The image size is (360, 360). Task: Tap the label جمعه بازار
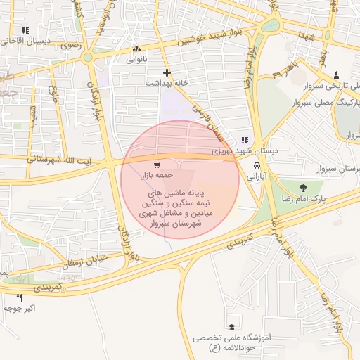[x=153, y=174]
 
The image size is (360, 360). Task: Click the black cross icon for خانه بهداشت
[x=167, y=72]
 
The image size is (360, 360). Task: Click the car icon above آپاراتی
[x=255, y=167]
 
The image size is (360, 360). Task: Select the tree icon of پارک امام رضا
[x=303, y=188]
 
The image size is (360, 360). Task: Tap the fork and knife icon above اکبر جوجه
[x=19, y=297]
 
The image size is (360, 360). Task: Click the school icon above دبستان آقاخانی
[x=26, y=31]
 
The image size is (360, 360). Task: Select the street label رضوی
[x=71, y=44]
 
